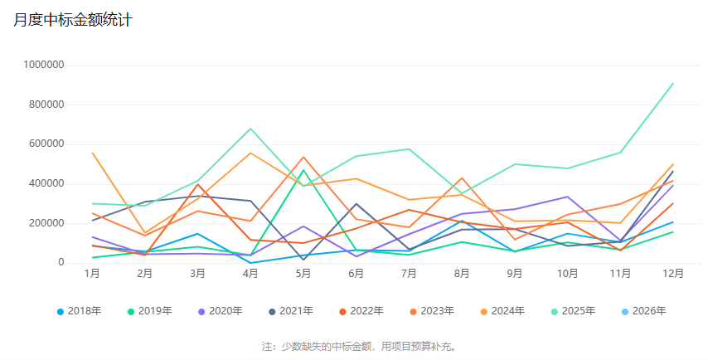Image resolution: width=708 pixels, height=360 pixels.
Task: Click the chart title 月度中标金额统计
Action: click(x=73, y=21)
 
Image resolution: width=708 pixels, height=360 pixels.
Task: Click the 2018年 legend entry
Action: click(x=79, y=311)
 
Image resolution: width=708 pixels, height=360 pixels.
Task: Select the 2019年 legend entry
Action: click(x=149, y=311)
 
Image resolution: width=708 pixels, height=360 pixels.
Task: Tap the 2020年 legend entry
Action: click(x=220, y=311)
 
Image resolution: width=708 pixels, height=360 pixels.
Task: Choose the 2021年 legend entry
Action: click(x=290, y=311)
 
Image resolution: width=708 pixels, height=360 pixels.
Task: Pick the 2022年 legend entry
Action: click(x=361, y=311)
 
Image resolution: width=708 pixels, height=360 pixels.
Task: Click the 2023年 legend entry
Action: click(x=431, y=311)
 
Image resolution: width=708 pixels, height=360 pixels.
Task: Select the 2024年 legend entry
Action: click(x=502, y=311)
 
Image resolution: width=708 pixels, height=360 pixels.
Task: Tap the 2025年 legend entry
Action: click(x=573, y=311)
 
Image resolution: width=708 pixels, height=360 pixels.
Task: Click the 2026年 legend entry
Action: click(x=643, y=311)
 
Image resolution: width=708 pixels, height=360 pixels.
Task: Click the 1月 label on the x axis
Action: click(x=92, y=273)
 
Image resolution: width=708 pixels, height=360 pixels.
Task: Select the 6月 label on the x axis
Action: click(x=356, y=273)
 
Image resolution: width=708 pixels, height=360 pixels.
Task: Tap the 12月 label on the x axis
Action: click(x=672, y=273)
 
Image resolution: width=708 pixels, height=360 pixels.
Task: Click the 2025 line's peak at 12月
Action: click(x=672, y=84)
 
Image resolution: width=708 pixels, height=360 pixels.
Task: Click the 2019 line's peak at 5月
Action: click(x=303, y=171)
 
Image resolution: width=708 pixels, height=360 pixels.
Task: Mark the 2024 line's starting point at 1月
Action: click(x=92, y=153)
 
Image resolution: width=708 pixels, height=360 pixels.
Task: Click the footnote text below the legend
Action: click(x=359, y=346)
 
